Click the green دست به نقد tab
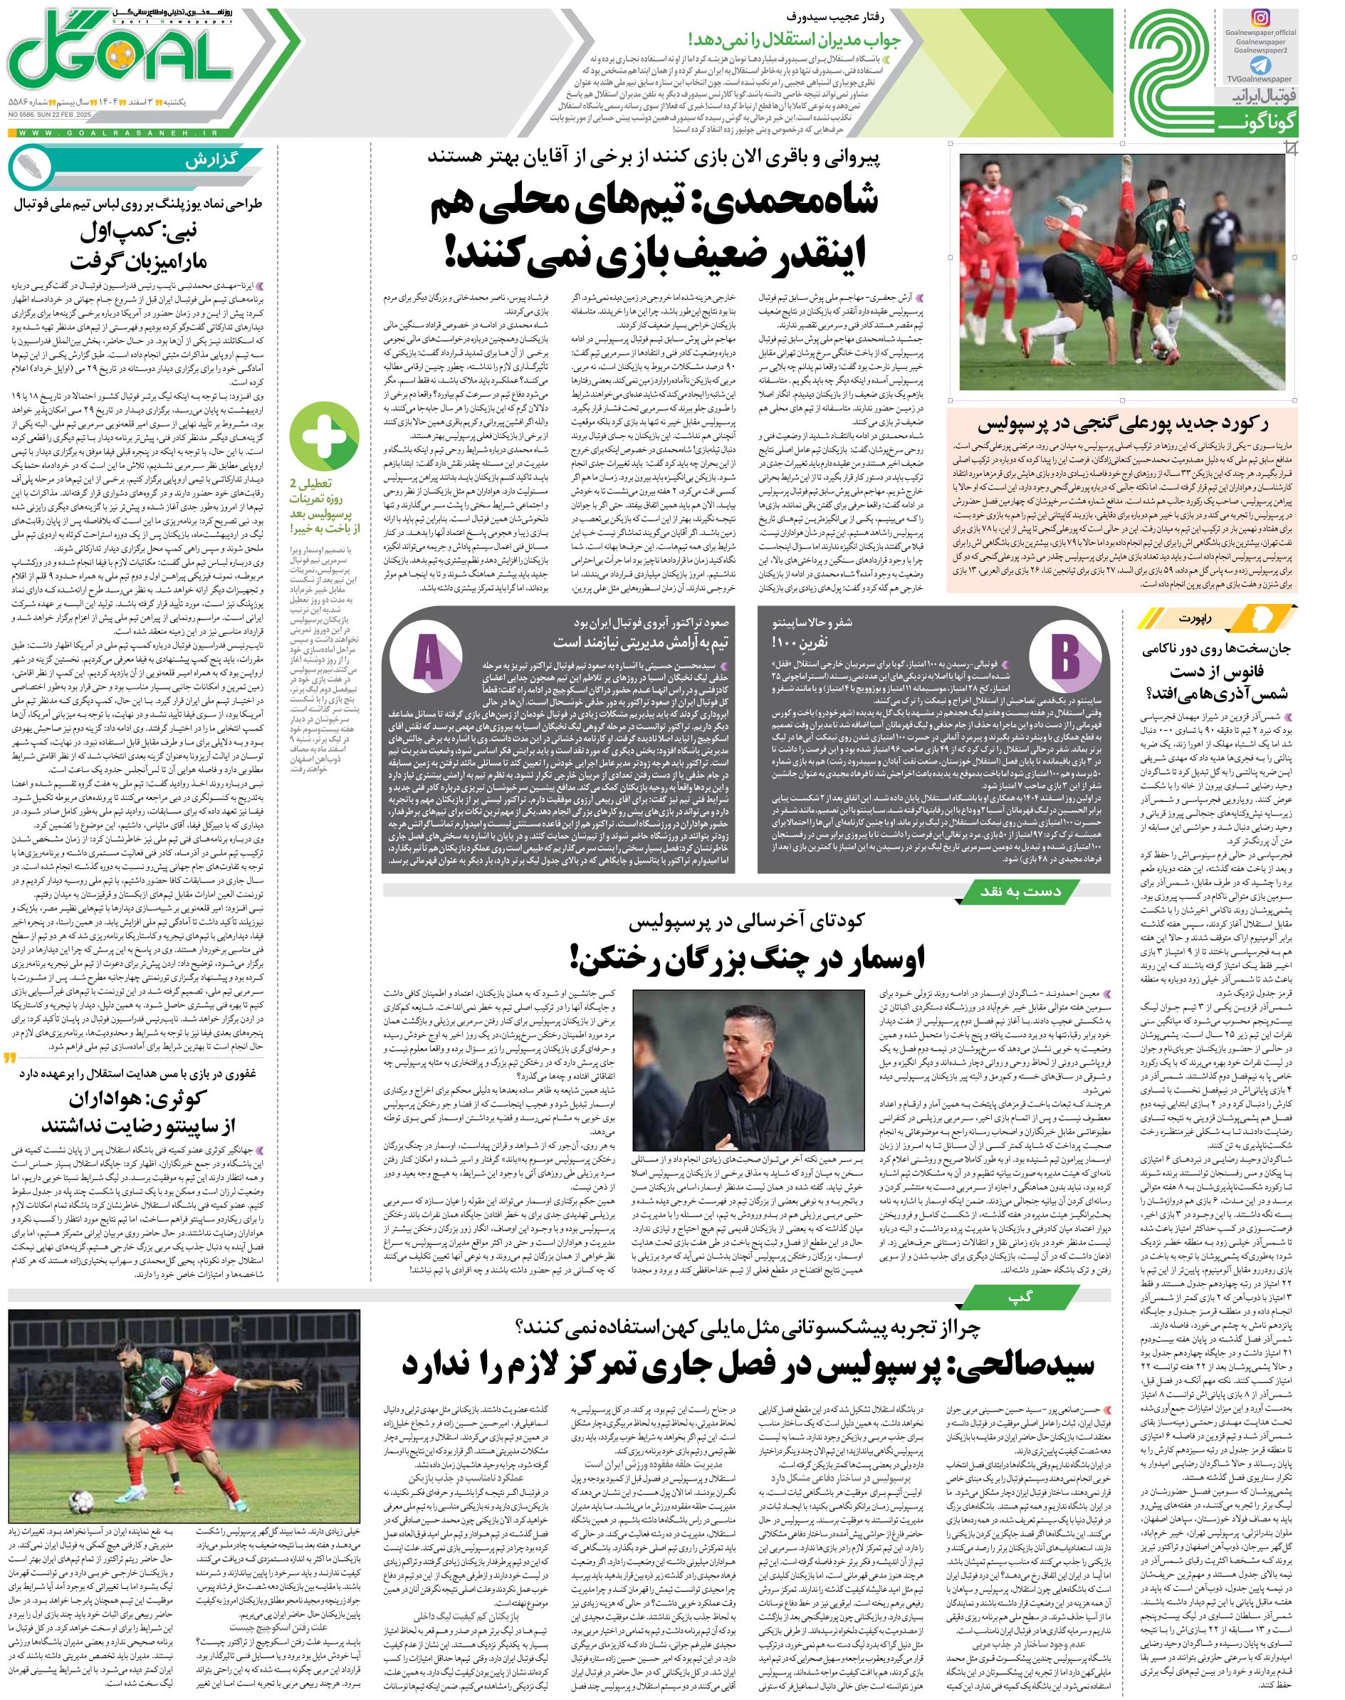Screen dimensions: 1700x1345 (x=996, y=891)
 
